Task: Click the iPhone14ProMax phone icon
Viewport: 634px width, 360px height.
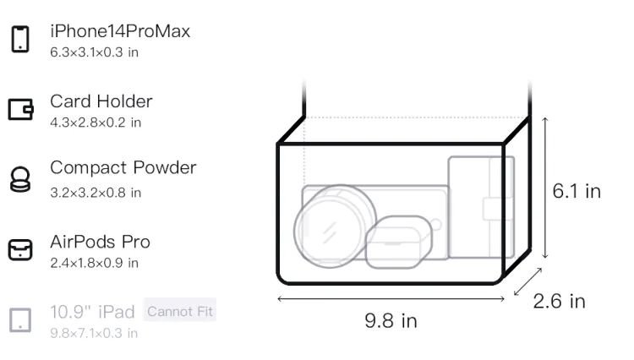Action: [x=20, y=39]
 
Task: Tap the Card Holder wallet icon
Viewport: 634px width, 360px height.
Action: [x=20, y=109]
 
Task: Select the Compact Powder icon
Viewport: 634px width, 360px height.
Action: [x=20, y=179]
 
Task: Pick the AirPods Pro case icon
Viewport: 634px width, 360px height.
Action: [x=20, y=249]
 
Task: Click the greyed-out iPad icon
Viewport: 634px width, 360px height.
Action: [x=20, y=320]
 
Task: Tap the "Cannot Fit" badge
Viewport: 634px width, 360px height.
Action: [x=180, y=311]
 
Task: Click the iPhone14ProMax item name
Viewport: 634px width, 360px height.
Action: [x=120, y=31]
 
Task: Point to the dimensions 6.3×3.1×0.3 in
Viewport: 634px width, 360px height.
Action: [x=94, y=52]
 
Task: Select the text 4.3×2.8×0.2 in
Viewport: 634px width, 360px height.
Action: [x=96, y=123]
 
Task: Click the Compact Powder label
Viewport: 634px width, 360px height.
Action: [x=123, y=167]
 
